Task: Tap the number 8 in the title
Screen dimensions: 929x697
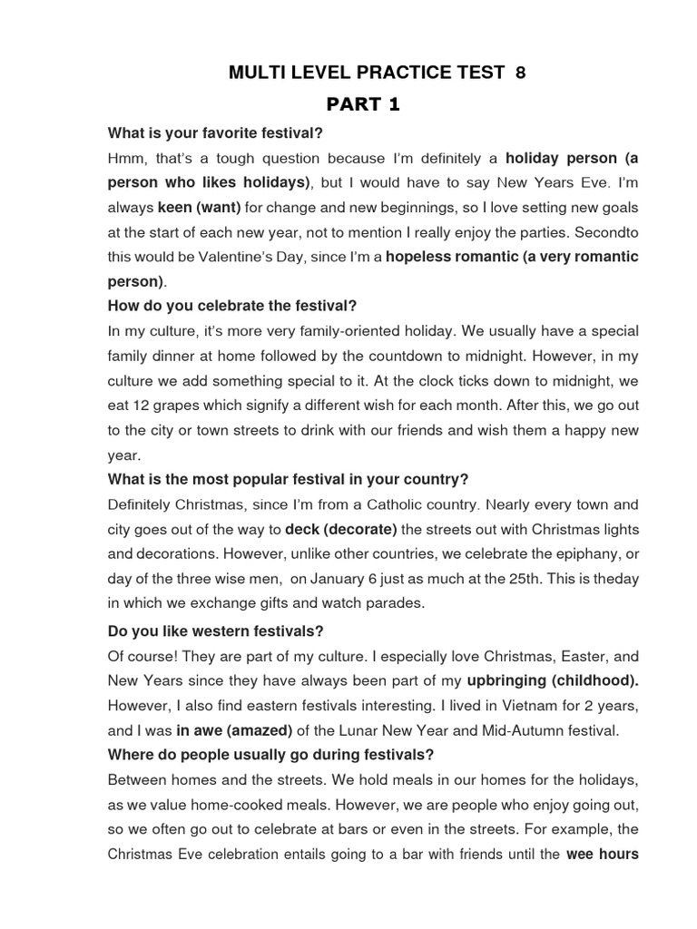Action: pos(520,73)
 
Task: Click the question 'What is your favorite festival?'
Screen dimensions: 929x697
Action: pos(215,133)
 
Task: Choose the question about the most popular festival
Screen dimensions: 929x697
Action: pos(288,479)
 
